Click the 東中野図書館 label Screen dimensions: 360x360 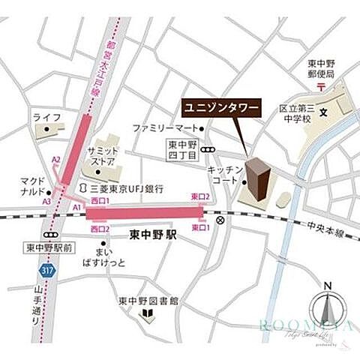(x=148, y=301)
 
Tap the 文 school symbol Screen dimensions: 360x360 (x=324, y=114)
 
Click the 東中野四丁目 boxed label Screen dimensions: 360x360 (x=181, y=151)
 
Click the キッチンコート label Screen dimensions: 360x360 (x=222, y=175)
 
